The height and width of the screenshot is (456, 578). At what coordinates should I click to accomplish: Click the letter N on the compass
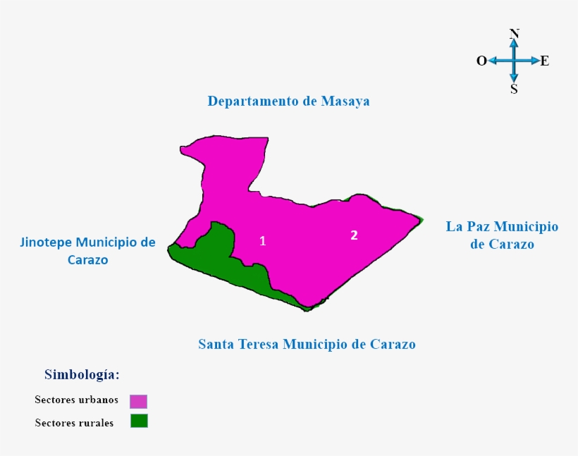tap(514, 34)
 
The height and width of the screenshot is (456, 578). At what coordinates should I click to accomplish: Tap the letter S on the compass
tap(514, 89)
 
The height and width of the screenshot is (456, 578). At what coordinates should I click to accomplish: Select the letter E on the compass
tap(545, 61)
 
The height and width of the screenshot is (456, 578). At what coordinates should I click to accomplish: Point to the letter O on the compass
tap(481, 61)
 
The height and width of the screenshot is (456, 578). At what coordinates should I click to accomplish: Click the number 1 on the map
tap(263, 241)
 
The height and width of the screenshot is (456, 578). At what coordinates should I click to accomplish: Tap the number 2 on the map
tap(355, 235)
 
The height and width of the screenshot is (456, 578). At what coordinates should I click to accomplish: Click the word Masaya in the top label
tap(345, 101)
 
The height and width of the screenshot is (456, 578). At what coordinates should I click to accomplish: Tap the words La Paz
tap(469, 226)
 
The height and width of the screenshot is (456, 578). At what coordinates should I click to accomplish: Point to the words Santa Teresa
tap(238, 345)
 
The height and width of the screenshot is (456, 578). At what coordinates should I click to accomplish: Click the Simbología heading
tap(82, 374)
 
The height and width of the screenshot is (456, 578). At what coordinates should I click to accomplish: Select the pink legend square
tap(138, 401)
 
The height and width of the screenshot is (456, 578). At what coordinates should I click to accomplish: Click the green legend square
tap(139, 421)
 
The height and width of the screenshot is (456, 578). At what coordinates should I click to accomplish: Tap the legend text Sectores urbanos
tap(76, 400)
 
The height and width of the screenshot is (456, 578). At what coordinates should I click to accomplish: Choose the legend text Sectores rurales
tap(74, 423)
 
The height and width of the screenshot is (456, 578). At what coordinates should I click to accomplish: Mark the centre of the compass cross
tap(514, 61)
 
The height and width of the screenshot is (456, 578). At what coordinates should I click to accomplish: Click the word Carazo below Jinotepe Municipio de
tap(88, 259)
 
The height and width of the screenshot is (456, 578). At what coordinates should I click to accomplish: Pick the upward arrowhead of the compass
tap(514, 43)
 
